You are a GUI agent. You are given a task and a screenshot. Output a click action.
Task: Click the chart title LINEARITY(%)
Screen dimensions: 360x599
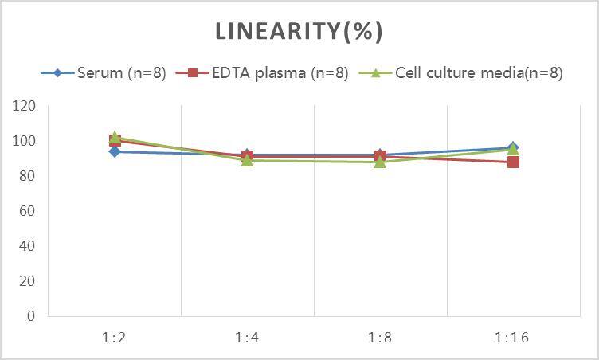click(299, 31)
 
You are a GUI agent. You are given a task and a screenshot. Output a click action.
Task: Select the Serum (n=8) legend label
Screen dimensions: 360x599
click(122, 73)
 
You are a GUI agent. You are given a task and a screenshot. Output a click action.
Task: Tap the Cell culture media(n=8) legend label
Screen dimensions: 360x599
click(479, 73)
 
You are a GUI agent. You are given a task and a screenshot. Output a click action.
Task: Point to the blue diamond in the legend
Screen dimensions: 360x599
click(58, 73)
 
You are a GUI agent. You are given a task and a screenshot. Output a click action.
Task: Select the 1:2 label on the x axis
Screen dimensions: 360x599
click(115, 337)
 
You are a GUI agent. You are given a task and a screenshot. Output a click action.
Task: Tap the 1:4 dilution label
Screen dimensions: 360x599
click(247, 337)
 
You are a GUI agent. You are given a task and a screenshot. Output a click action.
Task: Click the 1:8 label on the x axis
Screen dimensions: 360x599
click(380, 337)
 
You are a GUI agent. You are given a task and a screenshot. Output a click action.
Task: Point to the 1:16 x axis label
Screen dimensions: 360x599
click(512, 337)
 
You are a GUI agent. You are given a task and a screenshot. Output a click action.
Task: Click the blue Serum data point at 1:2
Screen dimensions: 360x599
click(115, 151)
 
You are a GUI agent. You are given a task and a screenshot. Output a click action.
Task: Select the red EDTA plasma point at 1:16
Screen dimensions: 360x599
click(513, 162)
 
